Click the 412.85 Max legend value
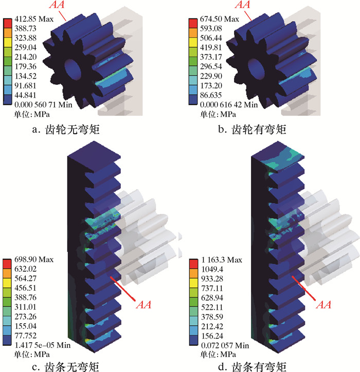click(34, 19)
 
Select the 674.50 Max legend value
click(219, 19)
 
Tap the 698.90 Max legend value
click(34, 259)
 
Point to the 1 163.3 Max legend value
click(221, 260)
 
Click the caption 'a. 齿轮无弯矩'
click(66, 129)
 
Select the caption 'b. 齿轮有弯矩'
click(252, 129)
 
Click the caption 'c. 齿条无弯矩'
click(65, 367)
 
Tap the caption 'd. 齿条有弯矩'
click(252, 367)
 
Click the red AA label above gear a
click(57, 4)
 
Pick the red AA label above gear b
click(242, 4)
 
